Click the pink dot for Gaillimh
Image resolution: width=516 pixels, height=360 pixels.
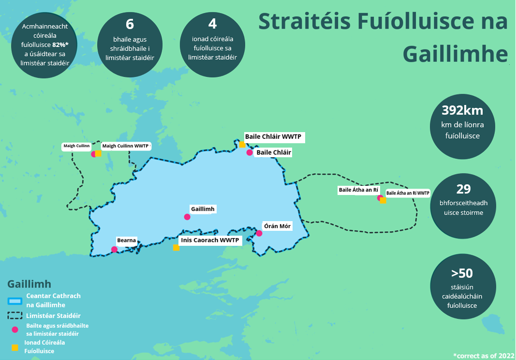coord(187,217)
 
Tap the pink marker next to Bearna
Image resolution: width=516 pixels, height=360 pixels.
coord(114,250)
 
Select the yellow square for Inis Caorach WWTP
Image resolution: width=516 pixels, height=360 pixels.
coord(176,248)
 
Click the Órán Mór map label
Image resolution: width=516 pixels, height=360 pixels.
coord(277,226)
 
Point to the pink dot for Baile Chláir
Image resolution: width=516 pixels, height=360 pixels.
coord(250,152)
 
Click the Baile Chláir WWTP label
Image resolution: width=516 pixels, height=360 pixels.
coord(273,137)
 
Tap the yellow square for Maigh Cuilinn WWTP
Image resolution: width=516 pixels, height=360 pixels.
coord(98,154)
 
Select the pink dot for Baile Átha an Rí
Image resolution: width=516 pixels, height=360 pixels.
coord(380,197)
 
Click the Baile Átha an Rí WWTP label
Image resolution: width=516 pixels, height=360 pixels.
coord(408,193)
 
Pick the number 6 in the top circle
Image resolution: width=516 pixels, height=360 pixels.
coord(130,24)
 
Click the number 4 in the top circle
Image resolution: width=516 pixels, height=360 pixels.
coord(212,24)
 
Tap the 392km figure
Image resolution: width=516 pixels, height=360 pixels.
coord(462,110)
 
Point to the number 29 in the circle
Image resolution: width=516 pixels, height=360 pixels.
coord(463,189)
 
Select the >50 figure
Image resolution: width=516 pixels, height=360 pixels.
coord(462,273)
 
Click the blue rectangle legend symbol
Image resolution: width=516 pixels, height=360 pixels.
coord(15,301)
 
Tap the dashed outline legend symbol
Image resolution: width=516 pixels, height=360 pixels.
coord(15,315)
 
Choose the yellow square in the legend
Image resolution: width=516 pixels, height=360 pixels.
coord(15,347)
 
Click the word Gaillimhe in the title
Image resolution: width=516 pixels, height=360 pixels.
coord(455,55)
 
